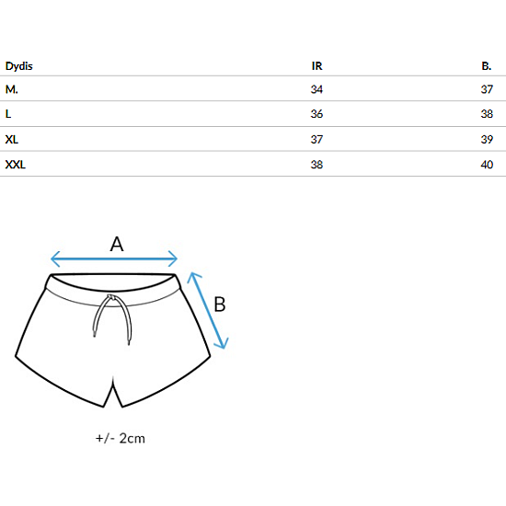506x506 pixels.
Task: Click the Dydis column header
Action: [19, 66]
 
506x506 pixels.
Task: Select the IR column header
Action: [316, 66]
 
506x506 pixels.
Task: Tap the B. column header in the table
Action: [487, 66]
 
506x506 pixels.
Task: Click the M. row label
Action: [12, 89]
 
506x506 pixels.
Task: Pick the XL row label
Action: [12, 140]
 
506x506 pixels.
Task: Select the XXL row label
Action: [15, 165]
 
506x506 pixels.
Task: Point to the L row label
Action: [8, 114]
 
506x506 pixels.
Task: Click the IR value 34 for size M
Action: [316, 89]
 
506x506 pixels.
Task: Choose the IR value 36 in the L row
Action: [316, 114]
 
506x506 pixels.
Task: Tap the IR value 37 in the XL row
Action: [316, 140]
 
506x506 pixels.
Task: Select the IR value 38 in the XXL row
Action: [316, 165]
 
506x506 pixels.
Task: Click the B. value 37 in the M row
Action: [487, 89]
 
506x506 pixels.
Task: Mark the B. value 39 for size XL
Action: [487, 140]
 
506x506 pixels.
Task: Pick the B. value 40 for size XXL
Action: [487, 165]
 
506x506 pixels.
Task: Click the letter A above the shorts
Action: [117, 244]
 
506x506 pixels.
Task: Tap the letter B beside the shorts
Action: [220, 304]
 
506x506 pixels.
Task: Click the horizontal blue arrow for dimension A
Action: [114, 259]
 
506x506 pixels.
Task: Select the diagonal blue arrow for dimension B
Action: [208, 310]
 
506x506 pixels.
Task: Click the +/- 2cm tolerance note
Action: [121, 438]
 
